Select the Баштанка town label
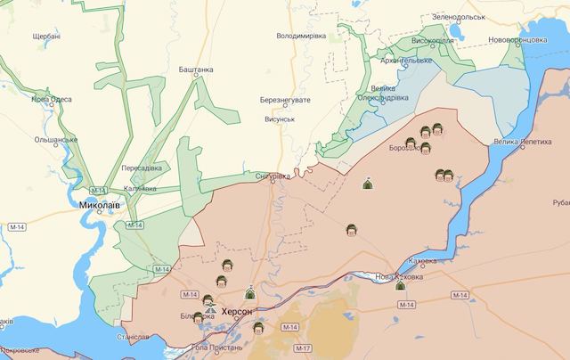coord(196,70)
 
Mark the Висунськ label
coord(280,119)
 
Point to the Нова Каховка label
coord(399,277)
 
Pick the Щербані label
coord(46,36)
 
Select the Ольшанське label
coord(56,139)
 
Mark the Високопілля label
coord(435,41)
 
